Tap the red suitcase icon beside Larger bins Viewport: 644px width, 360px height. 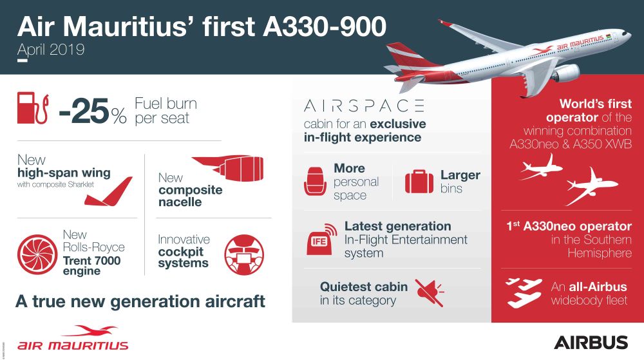[x=419, y=182]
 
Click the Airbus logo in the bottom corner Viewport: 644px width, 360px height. [x=590, y=341]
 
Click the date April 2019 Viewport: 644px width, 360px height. [x=52, y=49]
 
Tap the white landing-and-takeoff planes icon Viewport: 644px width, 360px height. [x=523, y=292]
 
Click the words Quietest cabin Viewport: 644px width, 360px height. [x=364, y=287]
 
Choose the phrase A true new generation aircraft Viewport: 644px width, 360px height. [x=141, y=301]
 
